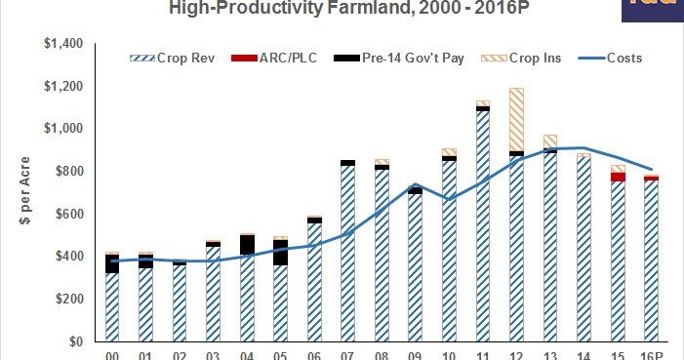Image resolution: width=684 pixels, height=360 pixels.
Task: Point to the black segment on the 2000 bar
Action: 111,263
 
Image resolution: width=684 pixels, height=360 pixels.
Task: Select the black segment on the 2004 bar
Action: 248,244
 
